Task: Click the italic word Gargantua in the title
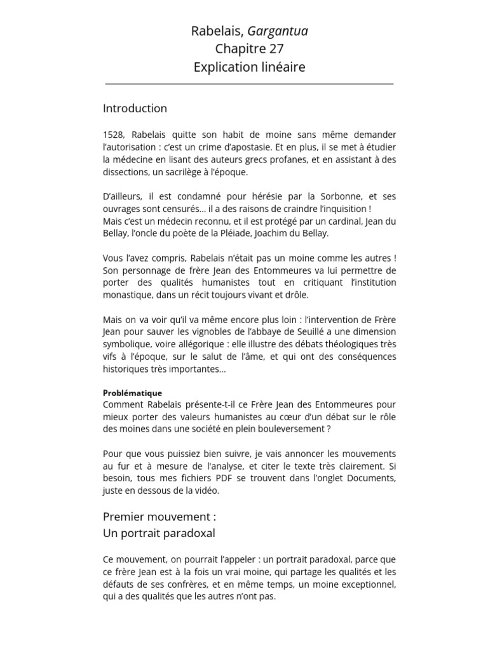tap(278, 31)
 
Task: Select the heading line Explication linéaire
tap(250, 67)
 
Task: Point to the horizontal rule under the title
tap(249, 84)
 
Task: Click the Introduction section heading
tap(135, 109)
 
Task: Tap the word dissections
tap(126, 172)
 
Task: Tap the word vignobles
tap(214, 332)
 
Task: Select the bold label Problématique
tap(132, 393)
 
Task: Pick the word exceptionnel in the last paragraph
tap(365, 585)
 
